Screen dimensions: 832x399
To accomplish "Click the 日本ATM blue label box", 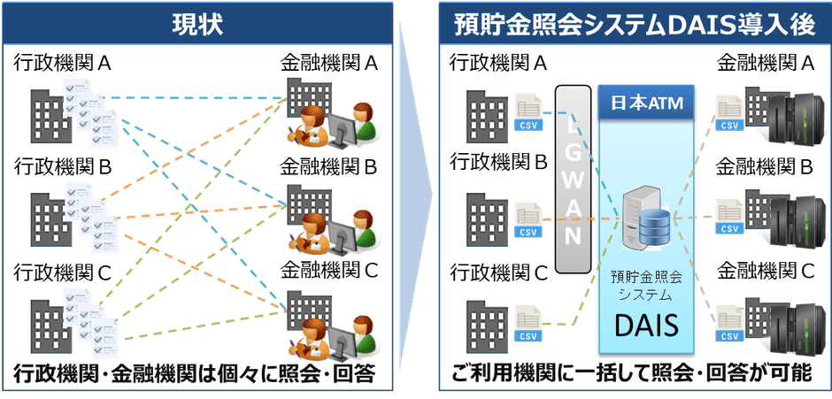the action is pos(647,103).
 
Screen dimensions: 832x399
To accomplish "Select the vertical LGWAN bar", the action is pos(573,178).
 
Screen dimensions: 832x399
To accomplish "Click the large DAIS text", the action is pos(647,325).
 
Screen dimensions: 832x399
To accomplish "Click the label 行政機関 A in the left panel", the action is pos(63,65).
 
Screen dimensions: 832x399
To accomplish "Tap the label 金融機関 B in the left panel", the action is pos(329,168).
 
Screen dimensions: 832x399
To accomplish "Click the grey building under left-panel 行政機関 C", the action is pos(50,326).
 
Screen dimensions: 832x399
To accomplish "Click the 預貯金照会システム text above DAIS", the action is pos(646,286).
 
